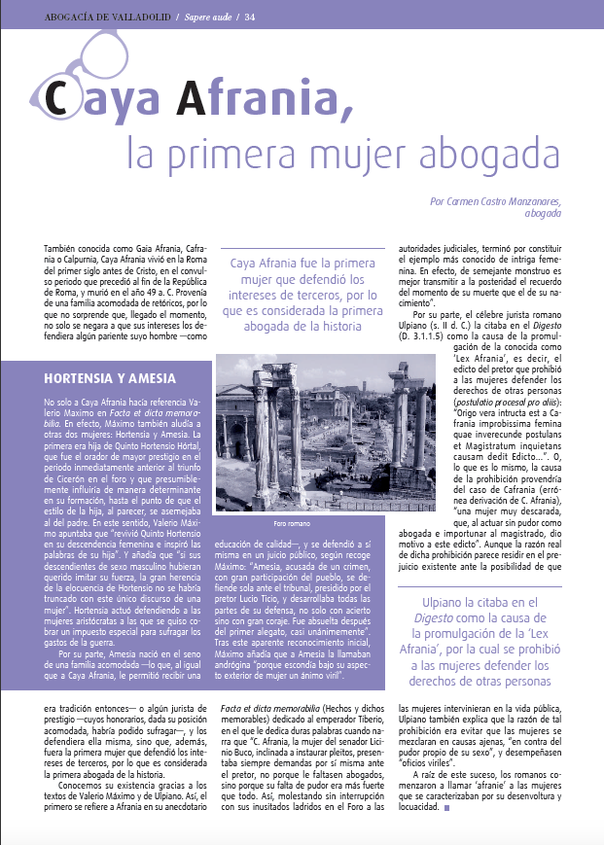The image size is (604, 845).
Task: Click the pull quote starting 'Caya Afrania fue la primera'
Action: click(x=306, y=295)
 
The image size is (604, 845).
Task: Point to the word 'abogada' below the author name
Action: click(x=541, y=215)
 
